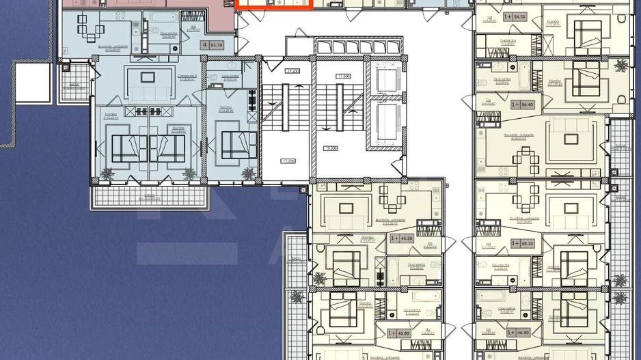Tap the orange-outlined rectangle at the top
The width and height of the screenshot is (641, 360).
click(274, 4)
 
